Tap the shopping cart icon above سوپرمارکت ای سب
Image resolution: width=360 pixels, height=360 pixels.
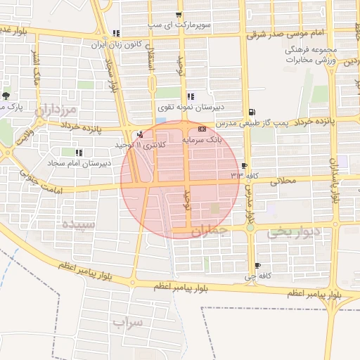pyautogui.click(x=179, y=15)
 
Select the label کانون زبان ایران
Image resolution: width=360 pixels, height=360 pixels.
pyautogui.click(x=116, y=44)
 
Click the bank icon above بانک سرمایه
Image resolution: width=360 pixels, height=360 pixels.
pyautogui.click(x=202, y=129)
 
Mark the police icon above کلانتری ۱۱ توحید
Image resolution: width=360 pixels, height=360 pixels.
pyautogui.click(x=140, y=134)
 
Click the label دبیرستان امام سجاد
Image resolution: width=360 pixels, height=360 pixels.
pyautogui.click(x=79, y=162)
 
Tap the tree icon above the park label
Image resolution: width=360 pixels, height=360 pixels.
pyautogui.click(x=6, y=95)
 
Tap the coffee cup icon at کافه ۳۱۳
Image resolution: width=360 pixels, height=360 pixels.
pyautogui.click(x=244, y=166)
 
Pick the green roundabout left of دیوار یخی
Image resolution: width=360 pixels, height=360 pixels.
pyautogui.click(x=250, y=226)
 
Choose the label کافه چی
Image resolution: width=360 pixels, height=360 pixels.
pyautogui.click(x=252, y=277)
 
